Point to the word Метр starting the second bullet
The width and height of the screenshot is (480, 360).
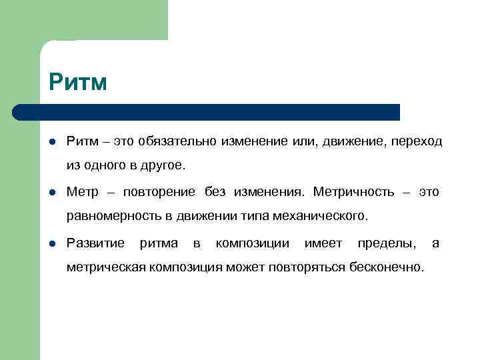click(x=82, y=192)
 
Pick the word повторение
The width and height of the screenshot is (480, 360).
click(x=159, y=192)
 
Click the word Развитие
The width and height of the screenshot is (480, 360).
click(x=95, y=243)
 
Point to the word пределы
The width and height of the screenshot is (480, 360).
click(x=386, y=243)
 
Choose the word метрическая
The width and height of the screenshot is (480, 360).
click(x=106, y=267)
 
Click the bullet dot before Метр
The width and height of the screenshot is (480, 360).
click(x=52, y=192)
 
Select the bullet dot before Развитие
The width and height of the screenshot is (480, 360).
click(x=52, y=243)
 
